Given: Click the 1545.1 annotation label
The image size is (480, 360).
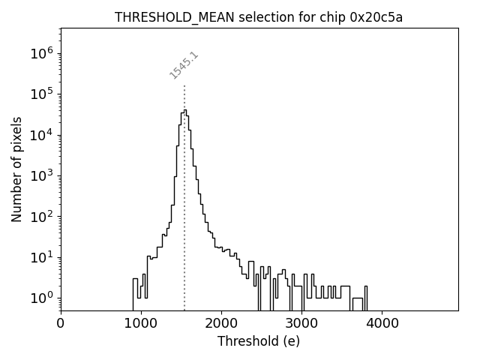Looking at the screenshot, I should pos(184,65).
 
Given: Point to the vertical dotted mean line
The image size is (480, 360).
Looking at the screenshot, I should pos(184,225).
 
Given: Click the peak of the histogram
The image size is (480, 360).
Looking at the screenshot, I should pos(184,111).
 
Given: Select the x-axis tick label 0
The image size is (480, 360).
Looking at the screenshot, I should pos(61,324).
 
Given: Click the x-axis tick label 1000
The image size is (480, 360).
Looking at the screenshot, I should pos(141,324).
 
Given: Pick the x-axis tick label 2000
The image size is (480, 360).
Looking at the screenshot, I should pos(221,324).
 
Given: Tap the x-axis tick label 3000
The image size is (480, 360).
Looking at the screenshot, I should pos(301,324).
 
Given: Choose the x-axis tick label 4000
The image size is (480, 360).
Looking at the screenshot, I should pos(382,324).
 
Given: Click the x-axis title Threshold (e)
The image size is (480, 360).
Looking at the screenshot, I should pos(259,341).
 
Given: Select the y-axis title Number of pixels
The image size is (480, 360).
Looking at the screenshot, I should pos(16,169).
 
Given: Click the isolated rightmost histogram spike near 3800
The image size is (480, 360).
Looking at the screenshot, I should pos(366,292).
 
